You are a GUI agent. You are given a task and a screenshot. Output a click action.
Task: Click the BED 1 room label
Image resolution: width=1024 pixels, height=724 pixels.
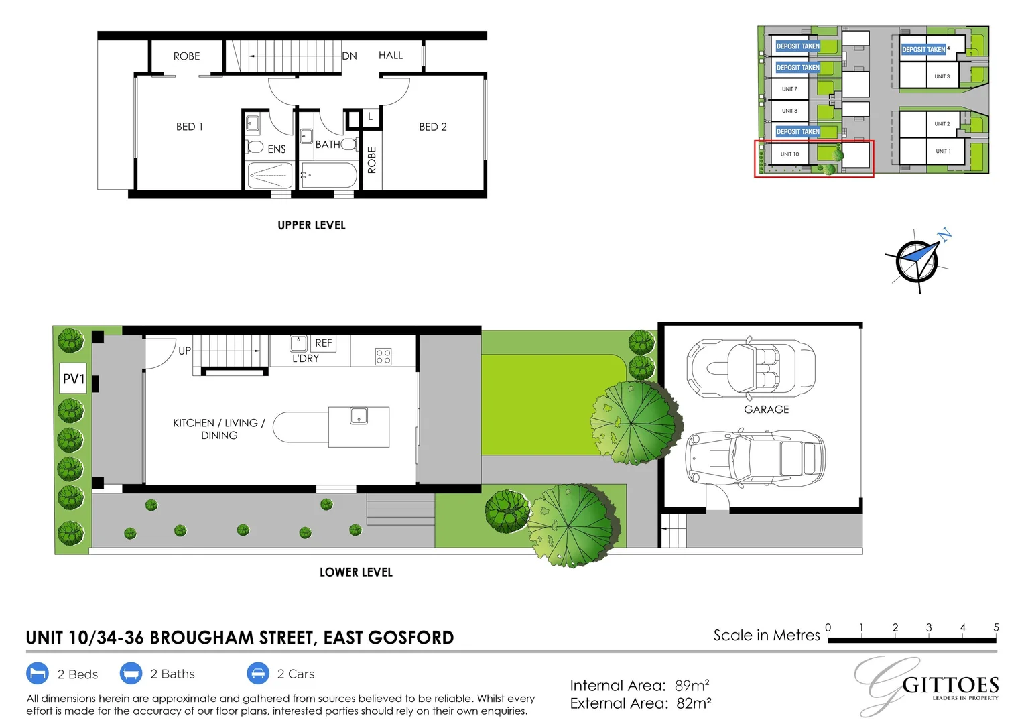189,127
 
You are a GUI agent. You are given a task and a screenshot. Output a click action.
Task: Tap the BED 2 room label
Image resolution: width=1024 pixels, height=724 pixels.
432,127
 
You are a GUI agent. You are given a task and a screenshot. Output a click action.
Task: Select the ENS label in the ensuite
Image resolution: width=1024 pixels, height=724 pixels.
276,149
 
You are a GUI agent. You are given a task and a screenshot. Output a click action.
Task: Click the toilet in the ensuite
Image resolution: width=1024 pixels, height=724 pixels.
255,146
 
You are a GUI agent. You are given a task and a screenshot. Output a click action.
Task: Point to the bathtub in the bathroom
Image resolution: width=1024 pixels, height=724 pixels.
328,176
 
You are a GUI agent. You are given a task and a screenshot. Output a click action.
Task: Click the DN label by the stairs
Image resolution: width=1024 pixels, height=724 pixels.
349,56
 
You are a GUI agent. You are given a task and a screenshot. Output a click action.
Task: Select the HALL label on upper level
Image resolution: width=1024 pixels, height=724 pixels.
390,55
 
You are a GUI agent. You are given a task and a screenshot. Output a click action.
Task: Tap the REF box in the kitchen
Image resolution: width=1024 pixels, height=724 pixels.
324,343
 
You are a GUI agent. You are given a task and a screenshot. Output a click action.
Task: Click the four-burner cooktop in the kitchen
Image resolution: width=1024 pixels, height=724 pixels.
383,356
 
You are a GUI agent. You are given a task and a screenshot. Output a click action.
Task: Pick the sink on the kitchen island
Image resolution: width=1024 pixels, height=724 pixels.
359,416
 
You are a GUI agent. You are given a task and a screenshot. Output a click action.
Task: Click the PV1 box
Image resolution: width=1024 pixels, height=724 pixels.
74,379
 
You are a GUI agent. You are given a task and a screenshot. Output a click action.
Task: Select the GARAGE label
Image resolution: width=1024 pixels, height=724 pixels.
766,409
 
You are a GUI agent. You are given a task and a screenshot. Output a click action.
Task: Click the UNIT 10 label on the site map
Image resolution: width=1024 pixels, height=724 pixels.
789,154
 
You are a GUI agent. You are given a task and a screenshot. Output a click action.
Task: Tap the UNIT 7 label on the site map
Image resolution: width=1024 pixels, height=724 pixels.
789,89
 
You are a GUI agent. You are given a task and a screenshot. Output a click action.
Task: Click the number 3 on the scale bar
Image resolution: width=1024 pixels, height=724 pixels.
929,627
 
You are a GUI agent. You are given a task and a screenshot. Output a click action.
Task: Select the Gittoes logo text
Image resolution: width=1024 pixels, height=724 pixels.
950,685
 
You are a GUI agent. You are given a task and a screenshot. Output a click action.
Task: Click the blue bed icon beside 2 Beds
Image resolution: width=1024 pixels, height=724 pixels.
38,673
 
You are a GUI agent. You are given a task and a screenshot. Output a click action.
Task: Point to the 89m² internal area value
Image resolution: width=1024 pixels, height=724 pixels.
692,686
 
